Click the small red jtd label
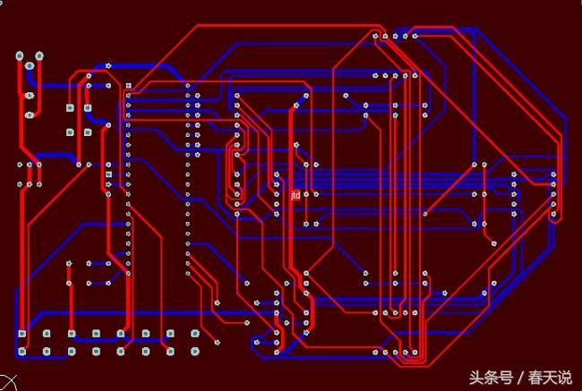pyautogui.click(x=295, y=194)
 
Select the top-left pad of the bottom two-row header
pyautogui.click(x=22, y=334)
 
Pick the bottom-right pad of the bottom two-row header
pyautogui.click(x=195, y=350)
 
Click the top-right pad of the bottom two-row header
pyautogui.click(x=195, y=334)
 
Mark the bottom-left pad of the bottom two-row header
pyautogui.click(x=22, y=350)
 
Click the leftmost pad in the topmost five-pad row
pyautogui.click(x=375, y=37)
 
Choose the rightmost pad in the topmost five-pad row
pyautogui.click(x=415, y=36)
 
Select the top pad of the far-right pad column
pyautogui.click(x=553, y=174)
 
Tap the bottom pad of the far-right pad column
pyautogui.click(x=553, y=215)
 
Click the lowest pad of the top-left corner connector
pyautogui.click(x=30, y=115)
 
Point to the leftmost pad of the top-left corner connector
pyautogui.click(x=20, y=56)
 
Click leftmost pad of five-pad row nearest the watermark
pyautogui.click(x=375, y=353)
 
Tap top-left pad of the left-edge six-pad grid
pyautogui.click(x=20, y=165)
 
